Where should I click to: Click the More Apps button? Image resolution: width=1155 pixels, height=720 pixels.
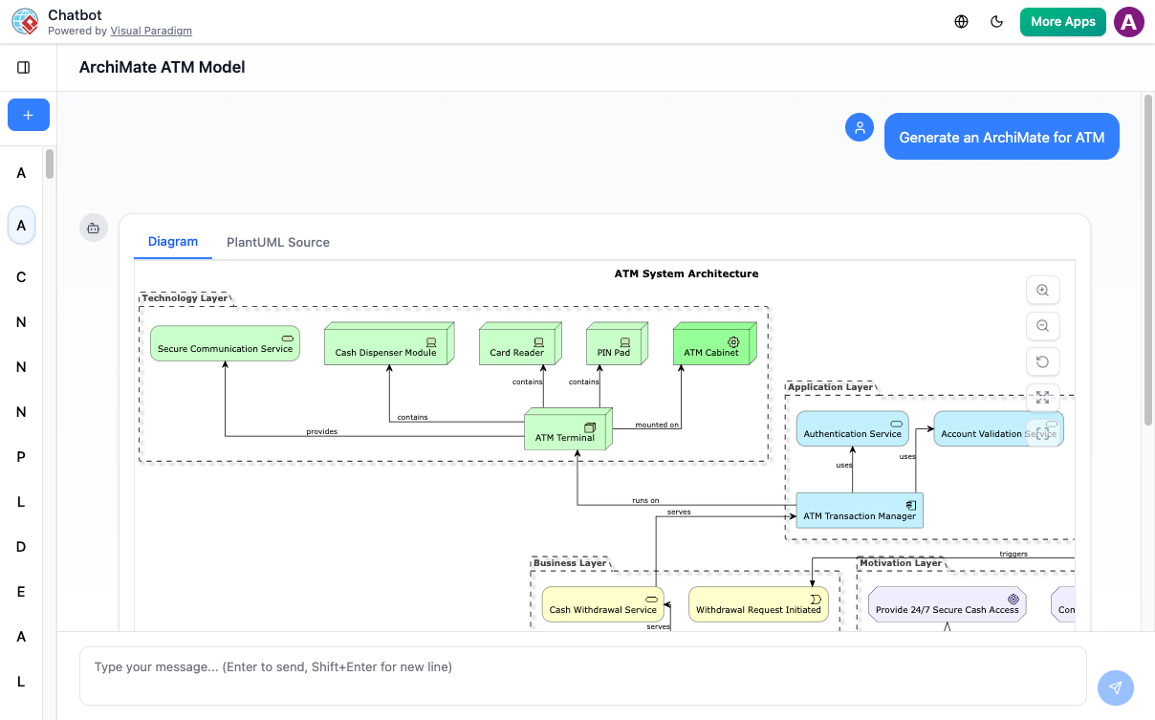(1062, 22)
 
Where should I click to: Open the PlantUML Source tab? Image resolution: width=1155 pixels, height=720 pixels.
(277, 242)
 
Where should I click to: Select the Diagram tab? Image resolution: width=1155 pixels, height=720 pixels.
(173, 242)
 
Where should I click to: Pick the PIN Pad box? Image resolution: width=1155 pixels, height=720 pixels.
(614, 345)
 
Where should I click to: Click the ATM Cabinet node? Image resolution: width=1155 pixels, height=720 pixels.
(712, 345)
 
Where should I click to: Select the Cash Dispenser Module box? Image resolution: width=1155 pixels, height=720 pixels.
(386, 345)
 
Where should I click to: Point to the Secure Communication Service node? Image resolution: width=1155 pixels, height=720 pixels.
(225, 344)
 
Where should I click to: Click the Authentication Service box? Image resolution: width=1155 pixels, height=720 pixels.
(852, 428)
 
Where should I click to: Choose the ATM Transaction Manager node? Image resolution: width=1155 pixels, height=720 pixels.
(860, 511)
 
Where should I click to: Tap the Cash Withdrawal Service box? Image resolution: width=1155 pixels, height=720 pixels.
(602, 604)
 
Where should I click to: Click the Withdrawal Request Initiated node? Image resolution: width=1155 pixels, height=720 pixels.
(758, 604)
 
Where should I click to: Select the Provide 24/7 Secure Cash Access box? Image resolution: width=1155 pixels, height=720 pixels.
(947, 604)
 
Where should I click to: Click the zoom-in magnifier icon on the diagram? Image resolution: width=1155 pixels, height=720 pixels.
(1042, 291)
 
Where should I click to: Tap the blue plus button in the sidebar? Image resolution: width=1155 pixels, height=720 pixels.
(28, 115)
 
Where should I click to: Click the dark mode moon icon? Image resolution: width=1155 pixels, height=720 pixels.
(996, 22)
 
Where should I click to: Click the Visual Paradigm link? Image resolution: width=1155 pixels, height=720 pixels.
(151, 31)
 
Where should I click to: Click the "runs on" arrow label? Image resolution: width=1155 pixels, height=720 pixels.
(645, 500)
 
